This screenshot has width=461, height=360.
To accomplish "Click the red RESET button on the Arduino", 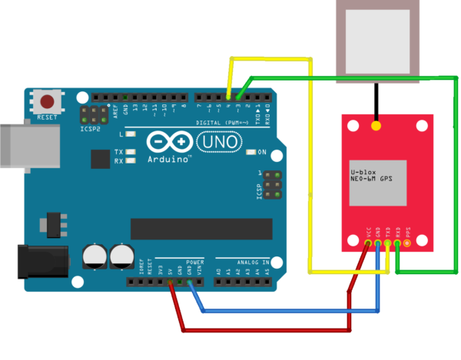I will point(48,101).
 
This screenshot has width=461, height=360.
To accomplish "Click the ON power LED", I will point(252,151).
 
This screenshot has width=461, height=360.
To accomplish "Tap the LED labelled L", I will point(131,134).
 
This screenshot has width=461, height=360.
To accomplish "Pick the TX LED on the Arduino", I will point(131,152).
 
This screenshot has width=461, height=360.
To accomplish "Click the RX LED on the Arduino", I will point(131,161).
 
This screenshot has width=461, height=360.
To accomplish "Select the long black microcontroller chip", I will point(201,229).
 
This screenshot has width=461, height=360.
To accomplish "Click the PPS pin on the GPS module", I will point(407,244).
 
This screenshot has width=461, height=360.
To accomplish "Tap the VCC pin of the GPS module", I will point(370,244).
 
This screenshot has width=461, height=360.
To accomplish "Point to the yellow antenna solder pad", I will point(376,125).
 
